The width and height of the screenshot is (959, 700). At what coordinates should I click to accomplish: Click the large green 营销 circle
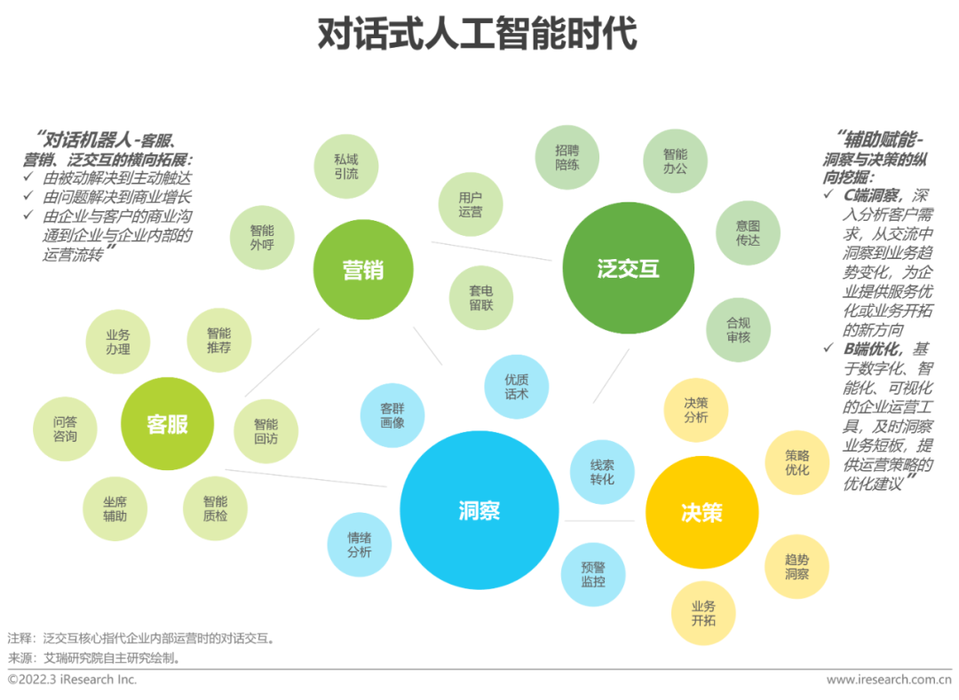tap(363, 270)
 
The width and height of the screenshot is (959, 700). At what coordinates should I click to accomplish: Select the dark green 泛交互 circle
tap(629, 269)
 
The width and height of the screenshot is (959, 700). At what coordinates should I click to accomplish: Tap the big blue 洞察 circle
tap(479, 510)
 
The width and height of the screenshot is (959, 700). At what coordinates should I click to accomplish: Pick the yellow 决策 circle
tap(701, 513)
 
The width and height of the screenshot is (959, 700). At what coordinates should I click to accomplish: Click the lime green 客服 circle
tap(168, 423)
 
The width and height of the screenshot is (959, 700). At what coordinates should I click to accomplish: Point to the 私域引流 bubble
tap(346, 166)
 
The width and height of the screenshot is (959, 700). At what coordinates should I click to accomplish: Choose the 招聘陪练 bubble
tap(567, 157)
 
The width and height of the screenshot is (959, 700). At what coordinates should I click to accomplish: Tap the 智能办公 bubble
tap(675, 160)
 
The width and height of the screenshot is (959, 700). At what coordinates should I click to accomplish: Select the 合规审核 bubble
tap(738, 329)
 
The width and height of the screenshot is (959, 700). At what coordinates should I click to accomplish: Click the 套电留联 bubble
tap(482, 297)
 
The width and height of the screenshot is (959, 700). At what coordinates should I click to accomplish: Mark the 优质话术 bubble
tap(516, 386)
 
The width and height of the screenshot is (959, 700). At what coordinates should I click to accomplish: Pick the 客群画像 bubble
tap(392, 415)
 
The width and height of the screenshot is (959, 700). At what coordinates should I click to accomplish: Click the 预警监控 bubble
tap(593, 574)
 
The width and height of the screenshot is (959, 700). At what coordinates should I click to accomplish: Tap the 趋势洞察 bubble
tap(797, 566)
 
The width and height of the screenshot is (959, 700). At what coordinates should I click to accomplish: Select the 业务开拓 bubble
tap(703, 613)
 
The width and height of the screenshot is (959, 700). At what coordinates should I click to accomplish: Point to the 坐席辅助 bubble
tap(115, 508)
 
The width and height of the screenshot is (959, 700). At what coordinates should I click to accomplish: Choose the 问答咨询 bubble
tap(65, 429)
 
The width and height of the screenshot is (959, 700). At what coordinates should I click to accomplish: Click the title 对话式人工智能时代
tap(478, 35)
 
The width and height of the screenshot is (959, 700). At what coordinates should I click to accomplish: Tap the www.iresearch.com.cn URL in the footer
tap(888, 680)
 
